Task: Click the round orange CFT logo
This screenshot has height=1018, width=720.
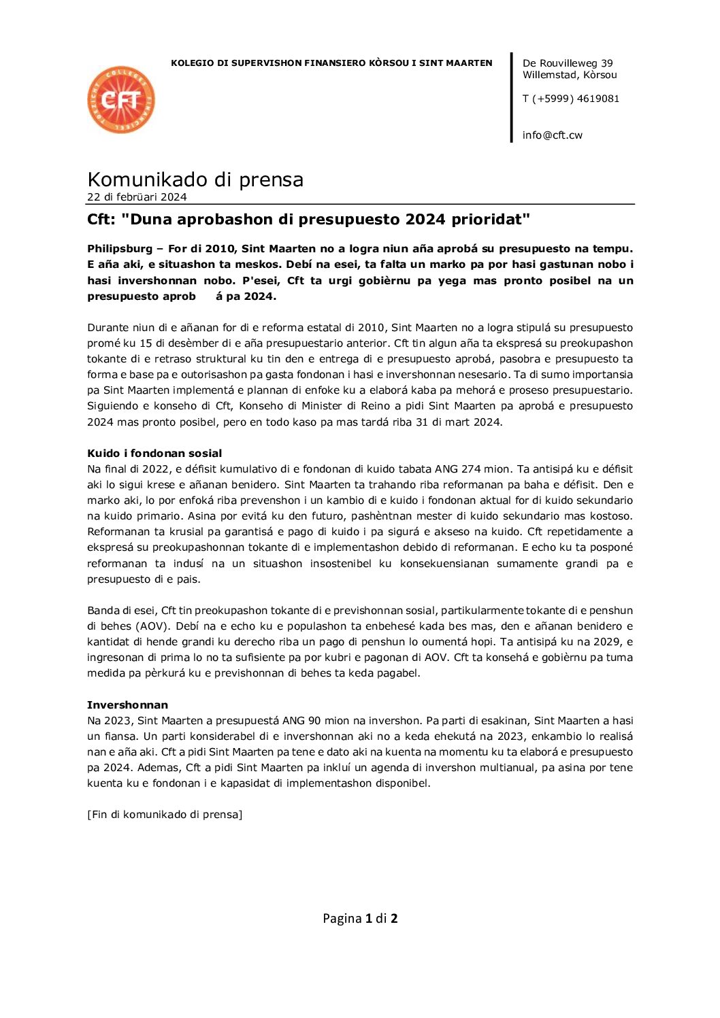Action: pyautogui.click(x=121, y=100)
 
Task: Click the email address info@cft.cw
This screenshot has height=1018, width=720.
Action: pyautogui.click(x=552, y=135)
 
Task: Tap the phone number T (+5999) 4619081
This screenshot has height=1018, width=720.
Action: pyautogui.click(x=570, y=99)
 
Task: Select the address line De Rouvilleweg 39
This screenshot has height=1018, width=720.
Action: pyautogui.click(x=567, y=63)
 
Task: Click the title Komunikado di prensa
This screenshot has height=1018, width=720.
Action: pyautogui.click(x=195, y=180)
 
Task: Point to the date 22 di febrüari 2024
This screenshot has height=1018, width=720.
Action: pyautogui.click(x=137, y=197)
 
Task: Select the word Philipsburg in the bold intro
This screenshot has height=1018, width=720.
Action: pyautogui.click(x=120, y=249)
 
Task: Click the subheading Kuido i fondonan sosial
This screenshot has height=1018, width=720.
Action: pyautogui.click(x=154, y=454)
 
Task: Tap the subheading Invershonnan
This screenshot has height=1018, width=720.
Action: pyautogui.click(x=127, y=705)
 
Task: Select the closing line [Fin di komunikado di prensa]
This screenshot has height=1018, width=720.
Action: pyautogui.click(x=165, y=815)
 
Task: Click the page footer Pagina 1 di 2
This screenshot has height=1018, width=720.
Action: pyautogui.click(x=360, y=919)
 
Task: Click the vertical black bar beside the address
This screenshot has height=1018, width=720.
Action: pyautogui.click(x=512, y=97)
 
